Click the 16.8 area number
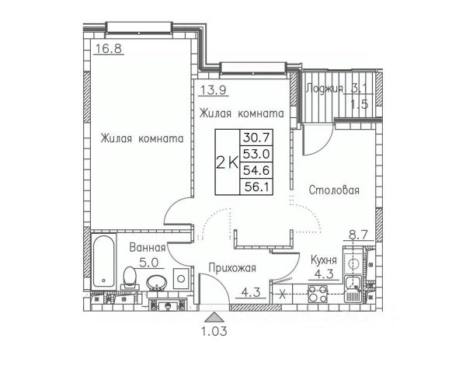coord(109,48)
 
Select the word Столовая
coord(334,190)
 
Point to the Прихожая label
coord(232,267)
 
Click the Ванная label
coord(148,247)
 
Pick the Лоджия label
coord(324,89)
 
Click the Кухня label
coord(324,260)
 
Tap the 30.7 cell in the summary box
coord(256,138)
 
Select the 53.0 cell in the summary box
coord(256,154)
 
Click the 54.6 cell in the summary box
coord(256,170)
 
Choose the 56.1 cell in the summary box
coord(256,186)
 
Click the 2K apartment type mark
coord(228,162)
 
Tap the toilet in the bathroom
coord(130,278)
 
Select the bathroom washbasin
coord(157,282)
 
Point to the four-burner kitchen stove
coord(318,293)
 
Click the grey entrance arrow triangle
coord(214,317)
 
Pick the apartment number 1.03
coord(214,331)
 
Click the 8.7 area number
coord(358,235)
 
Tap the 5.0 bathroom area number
coord(149,263)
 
